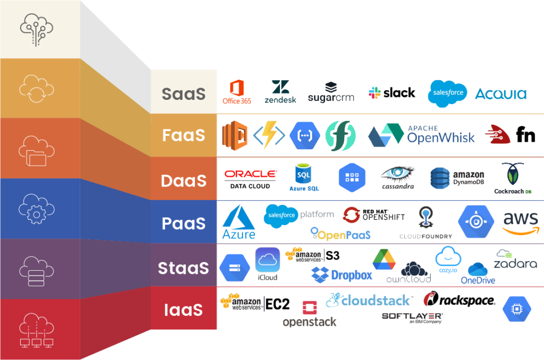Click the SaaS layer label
click(x=183, y=93)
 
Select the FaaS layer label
click(x=183, y=135)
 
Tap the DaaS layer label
click(x=183, y=181)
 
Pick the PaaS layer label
click(x=183, y=224)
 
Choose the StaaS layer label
click(x=183, y=268)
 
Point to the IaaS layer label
click(x=183, y=310)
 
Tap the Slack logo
click(x=392, y=92)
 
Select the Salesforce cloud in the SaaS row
click(x=447, y=93)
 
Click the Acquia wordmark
click(x=500, y=94)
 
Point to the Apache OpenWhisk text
click(x=440, y=135)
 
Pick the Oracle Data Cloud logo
click(x=250, y=179)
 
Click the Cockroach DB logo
click(x=513, y=178)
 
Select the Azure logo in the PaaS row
click(x=239, y=223)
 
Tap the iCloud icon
click(x=267, y=264)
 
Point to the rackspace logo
click(x=459, y=300)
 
